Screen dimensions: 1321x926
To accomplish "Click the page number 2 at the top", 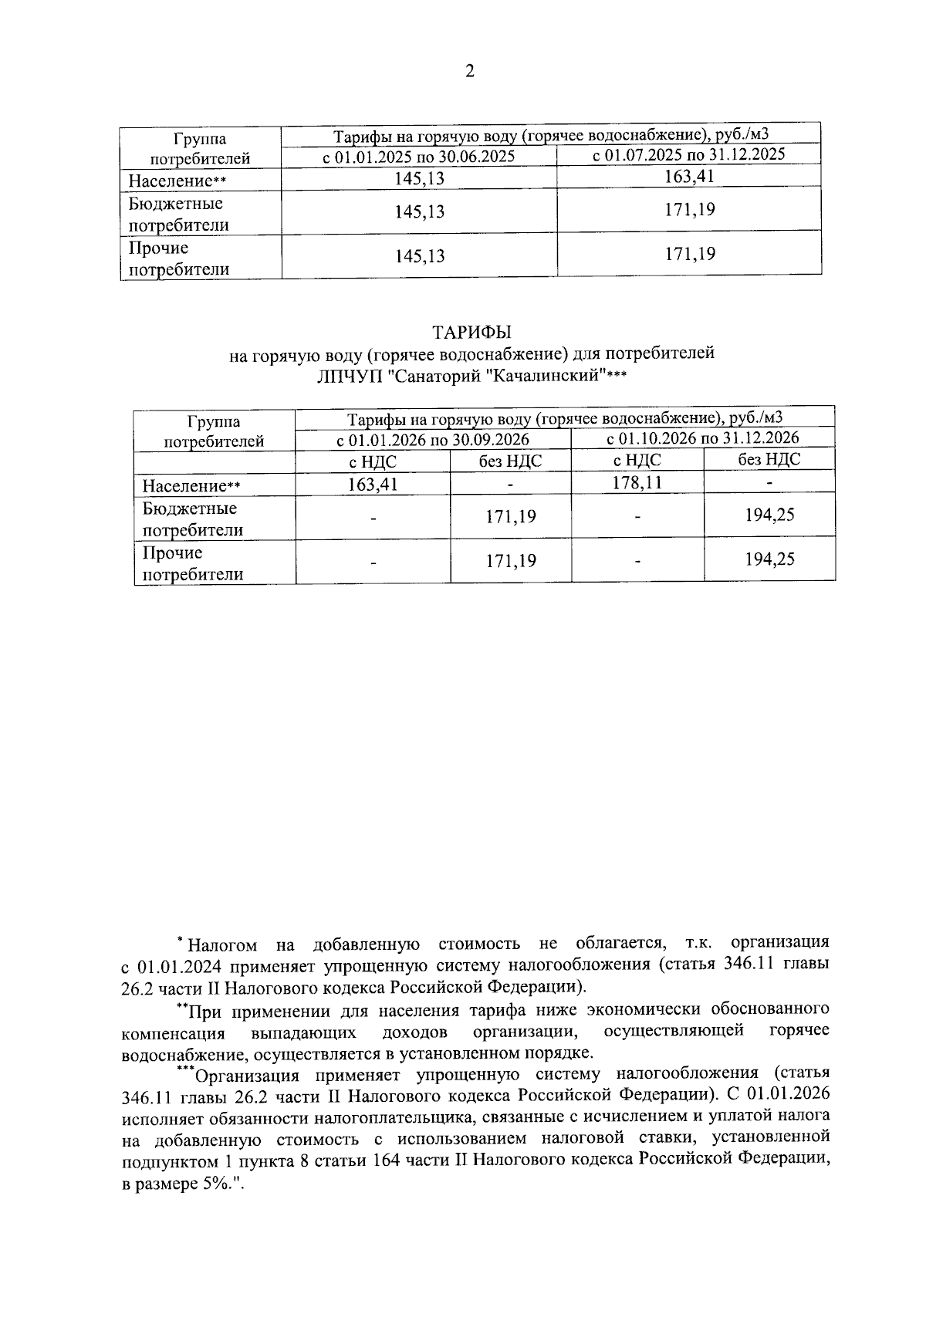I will click(469, 73).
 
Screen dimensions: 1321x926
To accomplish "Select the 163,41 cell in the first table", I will click(689, 177).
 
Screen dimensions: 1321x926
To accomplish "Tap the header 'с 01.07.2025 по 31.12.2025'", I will click(688, 154).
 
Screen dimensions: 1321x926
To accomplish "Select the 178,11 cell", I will click(637, 483).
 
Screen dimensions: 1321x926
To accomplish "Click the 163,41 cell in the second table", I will click(373, 485).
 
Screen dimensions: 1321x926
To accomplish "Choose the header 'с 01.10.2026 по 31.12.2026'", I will click(702, 438).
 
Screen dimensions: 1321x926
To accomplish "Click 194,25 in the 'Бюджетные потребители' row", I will click(769, 515).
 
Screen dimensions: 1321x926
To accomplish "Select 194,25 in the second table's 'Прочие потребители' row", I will click(769, 559).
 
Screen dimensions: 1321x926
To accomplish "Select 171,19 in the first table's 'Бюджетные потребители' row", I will click(689, 209).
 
